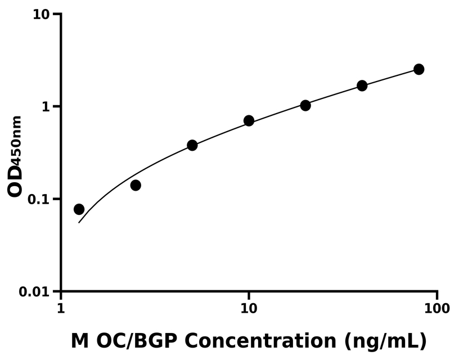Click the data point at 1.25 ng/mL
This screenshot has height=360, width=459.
point(79,209)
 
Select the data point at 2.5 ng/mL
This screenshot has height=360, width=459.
point(136,185)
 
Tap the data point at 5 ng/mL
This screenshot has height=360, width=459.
point(192,145)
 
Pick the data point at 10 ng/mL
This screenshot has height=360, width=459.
point(249,121)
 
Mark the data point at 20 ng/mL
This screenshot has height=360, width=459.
point(305,105)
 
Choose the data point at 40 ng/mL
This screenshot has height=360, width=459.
point(362,85)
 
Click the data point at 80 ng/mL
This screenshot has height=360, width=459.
point(418,69)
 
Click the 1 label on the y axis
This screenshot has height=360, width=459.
point(46,107)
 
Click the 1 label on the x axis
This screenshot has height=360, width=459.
point(61,308)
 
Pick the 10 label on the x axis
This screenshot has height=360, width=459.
point(249,308)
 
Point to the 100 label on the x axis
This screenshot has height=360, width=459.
point(437,308)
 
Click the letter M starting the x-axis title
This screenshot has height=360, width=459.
point(80,341)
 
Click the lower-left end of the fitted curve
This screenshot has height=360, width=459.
point(79,223)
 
